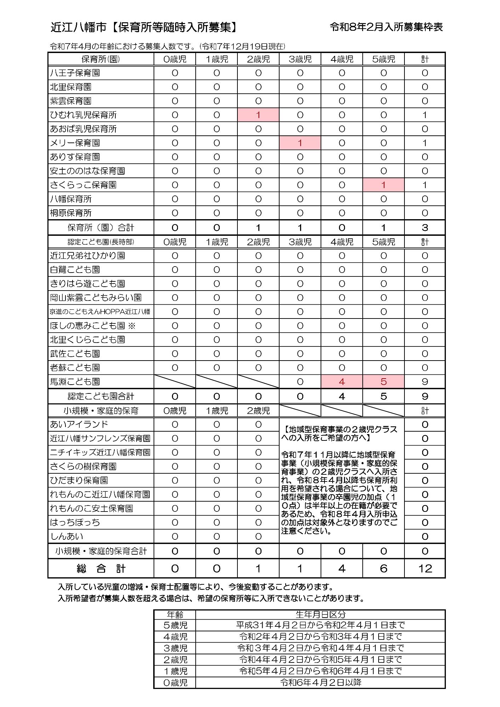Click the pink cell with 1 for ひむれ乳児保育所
coord(258,115)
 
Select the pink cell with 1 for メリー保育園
coord(300,143)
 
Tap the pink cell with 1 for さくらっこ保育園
coord(383,185)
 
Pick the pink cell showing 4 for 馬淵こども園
coord(341,382)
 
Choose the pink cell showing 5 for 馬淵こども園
coord(383,382)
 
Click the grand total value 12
coord(425,568)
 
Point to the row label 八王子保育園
coord(75,73)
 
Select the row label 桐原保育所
coord(71,213)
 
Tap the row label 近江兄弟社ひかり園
coord(87,256)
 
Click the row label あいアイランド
coord(79,424)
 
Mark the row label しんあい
coord(67,536)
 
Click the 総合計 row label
coord(101,568)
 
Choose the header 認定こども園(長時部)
coord(101,242)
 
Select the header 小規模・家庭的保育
coord(101,411)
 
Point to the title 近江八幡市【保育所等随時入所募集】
coord(144,27)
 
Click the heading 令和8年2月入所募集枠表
coord(386,27)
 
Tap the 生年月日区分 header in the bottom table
coord(320,614)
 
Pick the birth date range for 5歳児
coord(320,625)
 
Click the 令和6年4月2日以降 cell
coord(320,682)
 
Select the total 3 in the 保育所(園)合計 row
coord(425,228)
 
